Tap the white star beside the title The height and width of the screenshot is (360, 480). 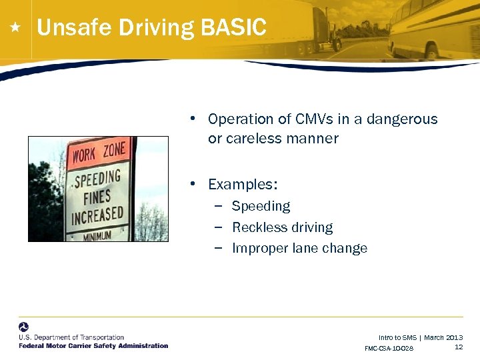[x=16, y=28]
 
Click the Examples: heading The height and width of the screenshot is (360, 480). [x=243, y=184]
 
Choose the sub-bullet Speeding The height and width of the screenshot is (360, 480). [x=261, y=206]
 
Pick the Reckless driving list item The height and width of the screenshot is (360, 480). [x=282, y=227]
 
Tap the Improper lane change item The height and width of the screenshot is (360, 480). [x=299, y=248]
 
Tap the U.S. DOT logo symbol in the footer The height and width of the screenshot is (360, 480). [x=24, y=327]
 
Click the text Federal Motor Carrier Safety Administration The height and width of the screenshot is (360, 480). [x=93, y=345]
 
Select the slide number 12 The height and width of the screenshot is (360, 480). [x=459, y=347]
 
